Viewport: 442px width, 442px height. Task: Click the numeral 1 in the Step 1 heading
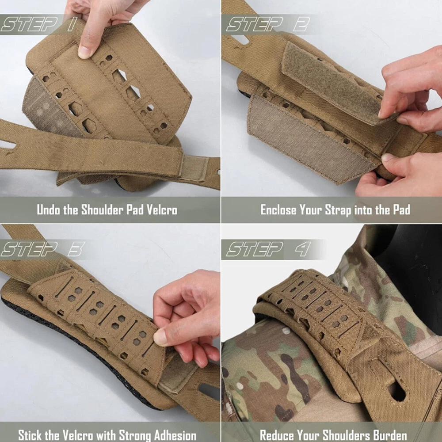coord(72,24)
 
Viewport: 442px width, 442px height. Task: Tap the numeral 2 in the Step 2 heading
coord(301,24)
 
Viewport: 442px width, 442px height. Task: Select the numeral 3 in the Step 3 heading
coord(76,249)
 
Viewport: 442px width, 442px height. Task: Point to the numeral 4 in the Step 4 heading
coord(303,249)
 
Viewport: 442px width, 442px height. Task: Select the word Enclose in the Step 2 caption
coord(278,210)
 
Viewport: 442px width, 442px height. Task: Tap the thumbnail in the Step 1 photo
coord(84,52)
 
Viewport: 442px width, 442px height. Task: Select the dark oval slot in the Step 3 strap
coord(209,391)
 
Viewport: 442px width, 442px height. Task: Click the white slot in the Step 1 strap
coord(8,145)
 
